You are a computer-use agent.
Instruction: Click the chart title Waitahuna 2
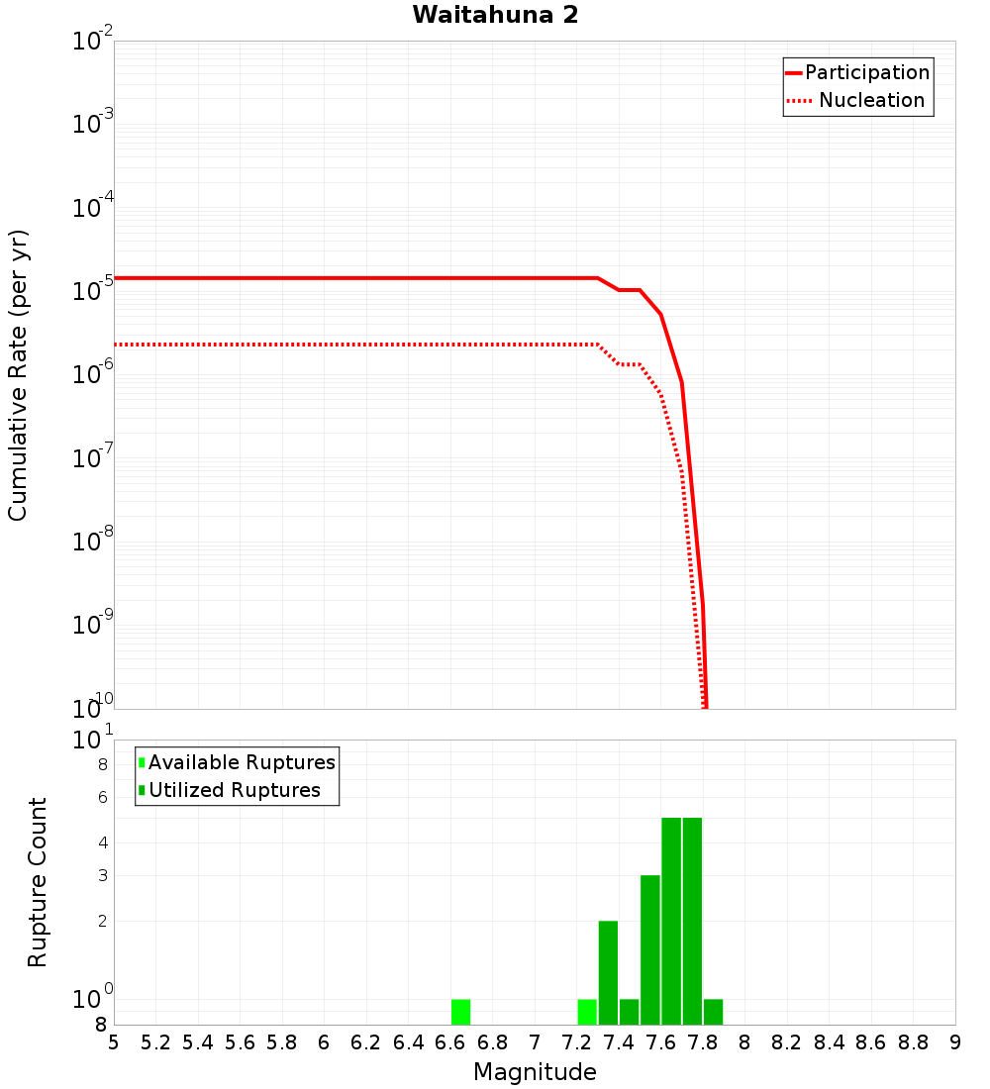[x=495, y=15]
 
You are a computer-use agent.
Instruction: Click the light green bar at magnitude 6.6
[x=460, y=1012]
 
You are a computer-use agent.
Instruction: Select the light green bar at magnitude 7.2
[x=587, y=1012]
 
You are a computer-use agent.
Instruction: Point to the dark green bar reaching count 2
[x=608, y=972]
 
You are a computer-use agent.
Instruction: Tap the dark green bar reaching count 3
[x=650, y=949]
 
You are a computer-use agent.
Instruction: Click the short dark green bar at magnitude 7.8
[x=713, y=1012]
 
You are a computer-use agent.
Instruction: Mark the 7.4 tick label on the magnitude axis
[x=619, y=1042]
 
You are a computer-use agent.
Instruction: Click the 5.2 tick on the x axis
[x=155, y=1042]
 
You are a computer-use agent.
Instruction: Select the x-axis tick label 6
[x=324, y=1042]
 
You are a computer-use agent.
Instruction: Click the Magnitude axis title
[x=535, y=1072]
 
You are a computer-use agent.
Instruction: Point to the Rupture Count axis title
[x=38, y=882]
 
